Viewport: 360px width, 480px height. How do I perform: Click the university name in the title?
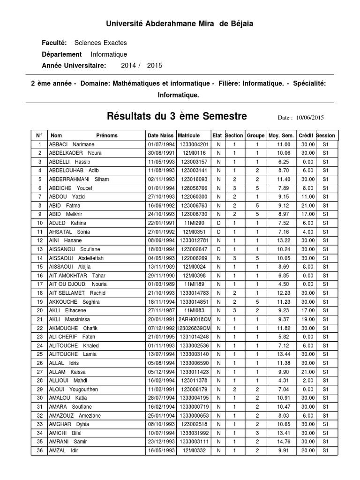point(180,24)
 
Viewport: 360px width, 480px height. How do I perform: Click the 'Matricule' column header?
point(189,135)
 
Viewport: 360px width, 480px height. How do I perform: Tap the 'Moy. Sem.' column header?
point(280,135)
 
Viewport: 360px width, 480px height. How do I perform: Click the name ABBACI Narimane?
point(72,144)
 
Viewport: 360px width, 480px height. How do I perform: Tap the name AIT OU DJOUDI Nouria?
point(77,284)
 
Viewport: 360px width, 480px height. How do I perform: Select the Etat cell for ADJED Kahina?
point(218,223)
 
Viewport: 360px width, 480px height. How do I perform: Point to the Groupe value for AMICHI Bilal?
point(257,433)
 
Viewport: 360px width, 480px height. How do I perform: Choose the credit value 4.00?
point(307,232)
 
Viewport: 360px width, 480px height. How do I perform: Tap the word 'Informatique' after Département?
point(108,54)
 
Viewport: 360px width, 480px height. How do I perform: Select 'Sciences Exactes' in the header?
point(97,43)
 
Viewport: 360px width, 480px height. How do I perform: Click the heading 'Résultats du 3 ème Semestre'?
point(177,116)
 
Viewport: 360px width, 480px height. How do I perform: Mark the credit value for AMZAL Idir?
point(307,450)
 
